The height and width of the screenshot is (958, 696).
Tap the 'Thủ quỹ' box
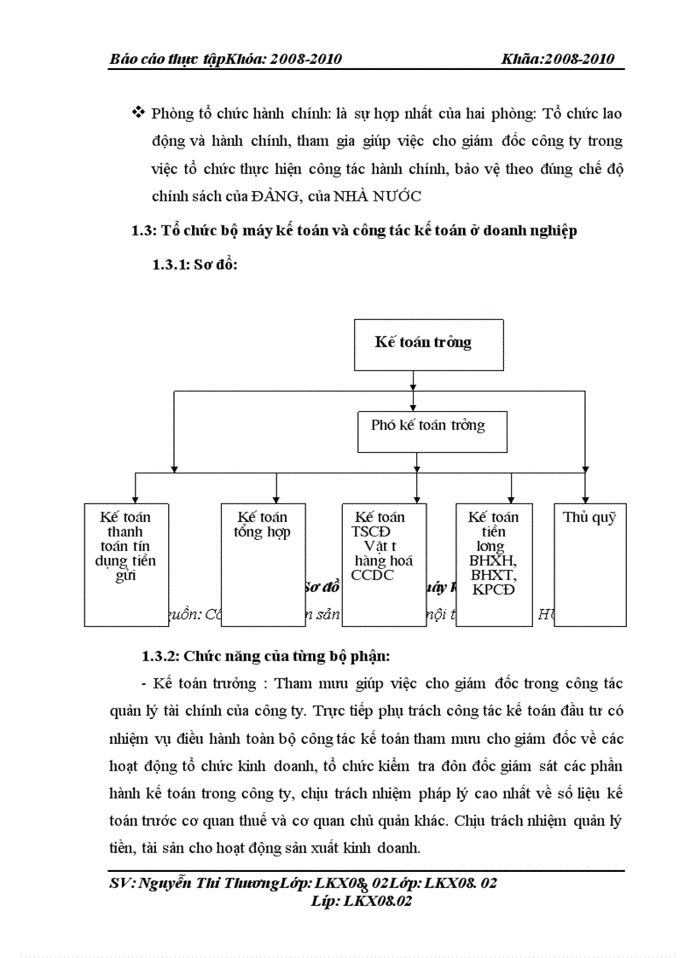[x=589, y=564]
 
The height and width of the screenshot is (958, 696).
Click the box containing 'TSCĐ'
[x=384, y=564]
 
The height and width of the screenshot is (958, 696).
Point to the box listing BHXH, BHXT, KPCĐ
[x=494, y=564]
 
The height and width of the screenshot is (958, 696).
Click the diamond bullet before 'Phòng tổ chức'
[x=137, y=113]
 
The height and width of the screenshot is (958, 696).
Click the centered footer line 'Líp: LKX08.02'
[x=362, y=901]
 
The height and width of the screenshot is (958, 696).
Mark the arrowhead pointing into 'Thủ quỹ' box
[x=585, y=497]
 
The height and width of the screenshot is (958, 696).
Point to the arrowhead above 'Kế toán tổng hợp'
[x=276, y=497]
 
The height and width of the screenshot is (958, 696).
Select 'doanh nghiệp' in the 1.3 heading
[x=533, y=231]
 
